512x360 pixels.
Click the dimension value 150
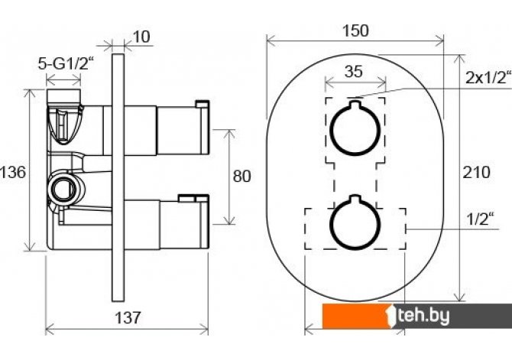pos(355,31)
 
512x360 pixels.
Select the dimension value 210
pos(477,173)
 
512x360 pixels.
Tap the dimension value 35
pos(352,73)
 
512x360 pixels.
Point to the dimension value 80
pos(241,177)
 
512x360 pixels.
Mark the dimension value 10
pos(141,36)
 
